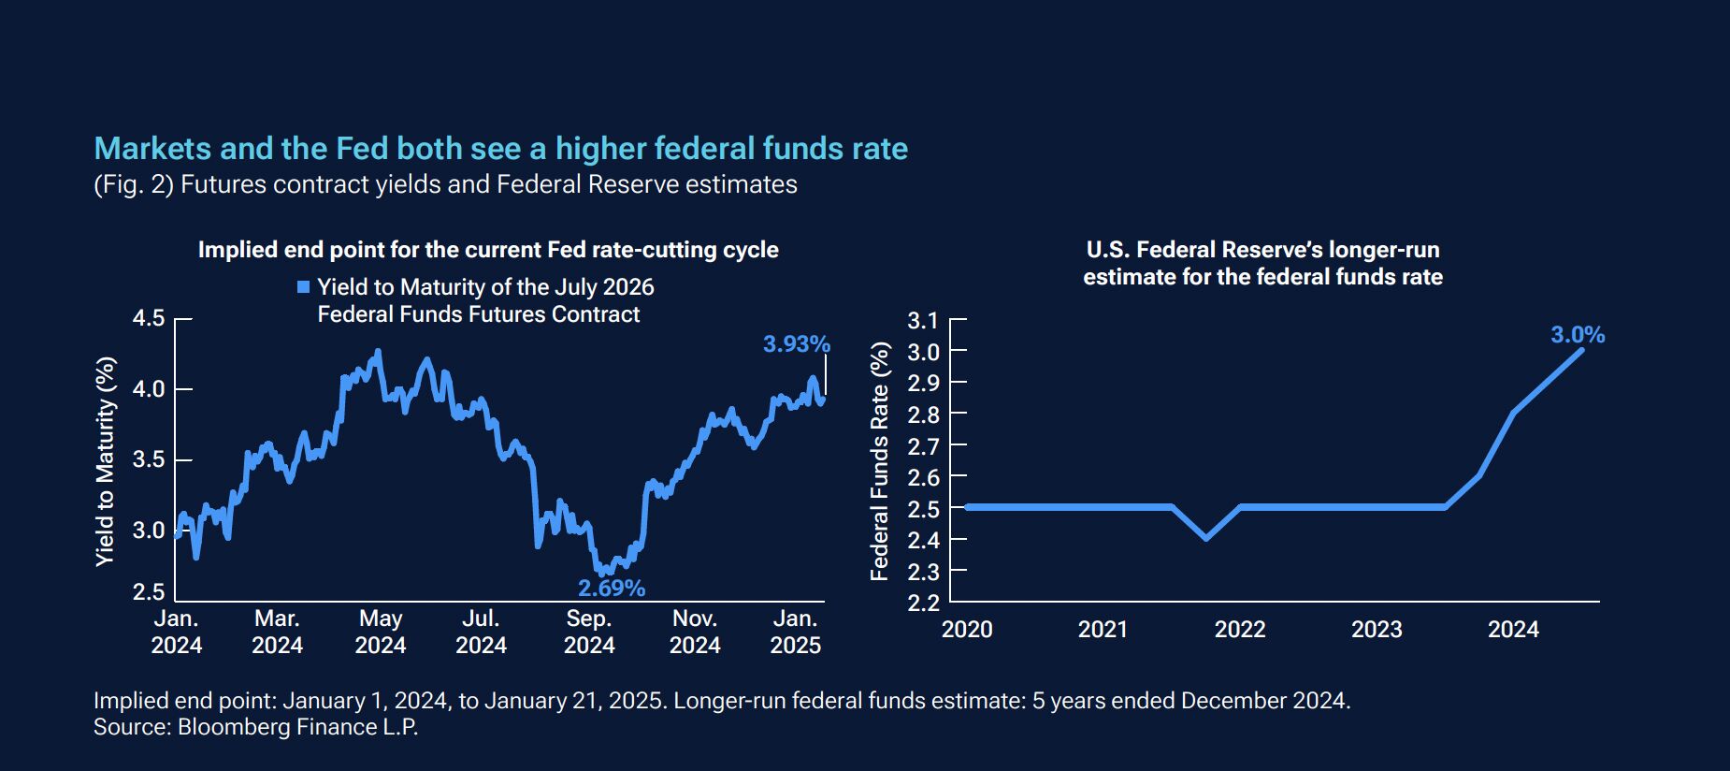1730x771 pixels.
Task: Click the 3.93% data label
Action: tap(796, 344)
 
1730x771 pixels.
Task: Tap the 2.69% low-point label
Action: tap(612, 589)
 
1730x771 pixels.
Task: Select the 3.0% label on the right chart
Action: tap(1578, 335)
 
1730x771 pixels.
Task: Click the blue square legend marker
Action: tap(303, 287)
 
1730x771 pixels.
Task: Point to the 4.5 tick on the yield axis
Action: tap(149, 319)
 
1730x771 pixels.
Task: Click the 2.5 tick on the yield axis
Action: tap(149, 592)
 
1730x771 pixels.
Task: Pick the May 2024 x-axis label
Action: tap(381, 632)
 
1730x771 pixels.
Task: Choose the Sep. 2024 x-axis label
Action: tap(589, 632)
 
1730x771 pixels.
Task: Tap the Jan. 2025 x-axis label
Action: tap(795, 632)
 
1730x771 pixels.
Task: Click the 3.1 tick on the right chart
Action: tap(922, 321)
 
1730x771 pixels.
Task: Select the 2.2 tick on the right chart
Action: tap(922, 602)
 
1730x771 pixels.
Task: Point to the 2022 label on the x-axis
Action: tap(1240, 630)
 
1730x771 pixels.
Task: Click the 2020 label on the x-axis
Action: tap(967, 630)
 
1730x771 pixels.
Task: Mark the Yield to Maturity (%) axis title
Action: tap(106, 460)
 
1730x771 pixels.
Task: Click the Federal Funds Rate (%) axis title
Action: tap(880, 461)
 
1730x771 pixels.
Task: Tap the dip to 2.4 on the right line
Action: tap(1205, 538)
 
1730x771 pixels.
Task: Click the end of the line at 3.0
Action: tap(1581, 350)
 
